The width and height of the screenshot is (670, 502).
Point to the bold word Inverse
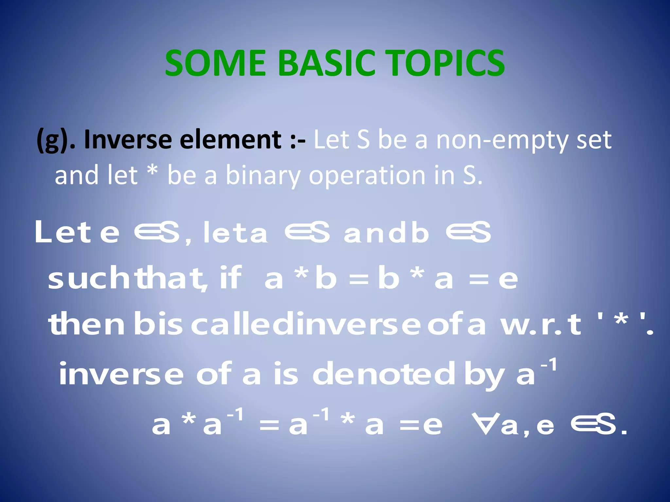click(x=128, y=140)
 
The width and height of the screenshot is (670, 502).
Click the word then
click(x=87, y=324)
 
